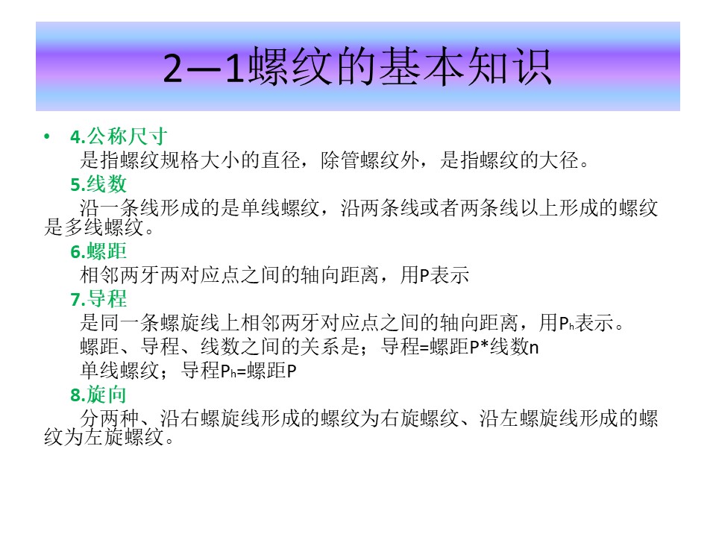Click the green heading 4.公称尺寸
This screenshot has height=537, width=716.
coord(119,136)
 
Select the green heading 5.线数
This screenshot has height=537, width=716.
coord(98,184)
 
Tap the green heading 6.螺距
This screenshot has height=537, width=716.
coord(98,251)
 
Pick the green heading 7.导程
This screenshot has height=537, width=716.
coord(98,299)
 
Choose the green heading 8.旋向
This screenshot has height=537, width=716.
coord(98,395)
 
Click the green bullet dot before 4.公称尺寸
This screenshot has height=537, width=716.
coord(46,136)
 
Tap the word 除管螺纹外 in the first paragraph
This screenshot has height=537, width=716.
coord(369,160)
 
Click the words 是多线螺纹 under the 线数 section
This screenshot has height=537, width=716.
coord(94,227)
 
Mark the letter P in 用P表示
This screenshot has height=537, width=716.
coord(424,276)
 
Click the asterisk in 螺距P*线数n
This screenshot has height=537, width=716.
coord(484,346)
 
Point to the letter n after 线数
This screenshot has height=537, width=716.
coord(534,348)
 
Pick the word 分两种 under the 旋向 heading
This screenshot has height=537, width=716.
coord(110,418)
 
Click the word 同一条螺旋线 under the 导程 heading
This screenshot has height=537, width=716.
coord(160,323)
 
